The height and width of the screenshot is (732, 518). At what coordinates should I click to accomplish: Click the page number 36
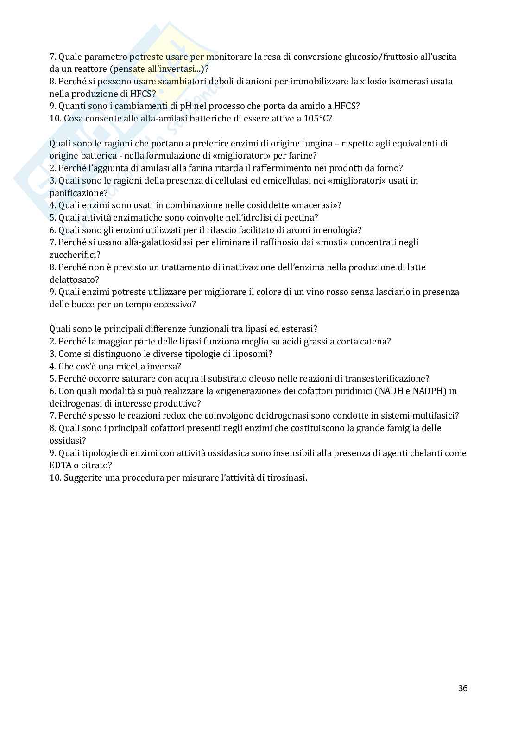pos(462,688)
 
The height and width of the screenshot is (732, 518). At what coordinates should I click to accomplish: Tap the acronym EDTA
pos(59,465)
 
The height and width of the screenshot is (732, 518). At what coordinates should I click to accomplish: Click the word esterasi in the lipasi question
pos(298,329)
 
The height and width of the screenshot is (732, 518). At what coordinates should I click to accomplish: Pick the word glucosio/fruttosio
pos(383,57)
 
